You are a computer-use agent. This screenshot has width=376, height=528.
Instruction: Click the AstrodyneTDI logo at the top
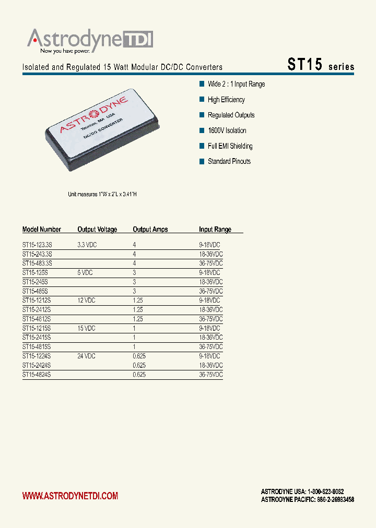pyautogui.click(x=90, y=40)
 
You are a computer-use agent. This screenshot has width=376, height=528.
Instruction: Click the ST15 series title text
pyautogui.click(x=321, y=65)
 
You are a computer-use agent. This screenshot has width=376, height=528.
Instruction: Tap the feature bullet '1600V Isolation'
pyautogui.click(x=227, y=130)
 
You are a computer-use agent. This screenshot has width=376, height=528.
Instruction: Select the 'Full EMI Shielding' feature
pyautogui.click(x=230, y=146)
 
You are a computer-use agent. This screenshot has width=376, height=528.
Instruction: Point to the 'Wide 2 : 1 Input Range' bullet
pyautogui.click(x=236, y=84)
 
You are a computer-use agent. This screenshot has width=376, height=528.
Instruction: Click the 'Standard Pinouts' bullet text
pyautogui.click(x=229, y=161)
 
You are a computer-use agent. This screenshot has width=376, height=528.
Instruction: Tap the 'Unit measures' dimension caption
pyautogui.click(x=102, y=194)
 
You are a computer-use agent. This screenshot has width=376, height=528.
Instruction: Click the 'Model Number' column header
pyautogui.click(x=42, y=230)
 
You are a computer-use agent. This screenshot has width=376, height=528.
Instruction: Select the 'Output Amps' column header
pyautogui.click(x=150, y=230)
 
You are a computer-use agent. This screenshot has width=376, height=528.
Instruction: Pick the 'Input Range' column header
pyautogui.click(x=215, y=230)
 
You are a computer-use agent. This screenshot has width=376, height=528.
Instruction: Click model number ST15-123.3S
pyautogui.click(x=38, y=245)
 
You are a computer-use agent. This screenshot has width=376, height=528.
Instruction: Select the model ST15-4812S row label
pyautogui.click(x=37, y=319)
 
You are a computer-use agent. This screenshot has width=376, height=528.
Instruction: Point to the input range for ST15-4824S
pyautogui.click(x=210, y=375)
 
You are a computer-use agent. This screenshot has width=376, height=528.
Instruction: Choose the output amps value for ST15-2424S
pyautogui.click(x=139, y=366)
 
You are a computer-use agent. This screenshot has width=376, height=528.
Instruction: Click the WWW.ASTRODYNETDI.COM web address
pyautogui.click(x=70, y=496)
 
